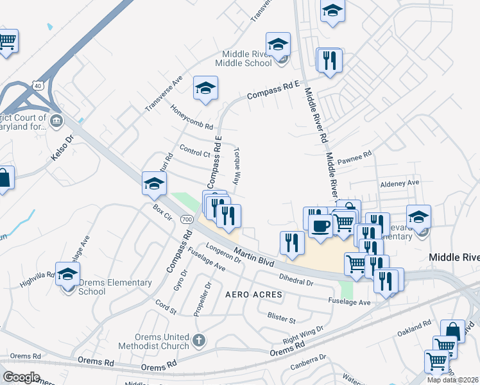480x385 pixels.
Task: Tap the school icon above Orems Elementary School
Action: pyautogui.click(x=67, y=274)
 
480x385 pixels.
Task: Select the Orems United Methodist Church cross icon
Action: pyautogui.click(x=199, y=339)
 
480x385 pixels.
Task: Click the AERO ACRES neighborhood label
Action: pyautogui.click(x=253, y=294)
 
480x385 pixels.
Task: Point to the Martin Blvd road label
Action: pyautogui.click(x=253, y=257)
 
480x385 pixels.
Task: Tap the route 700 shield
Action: pyautogui.click(x=186, y=219)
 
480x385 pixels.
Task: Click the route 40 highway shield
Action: pyautogui.click(x=38, y=85)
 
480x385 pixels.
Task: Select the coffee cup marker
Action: pyautogui.click(x=320, y=225)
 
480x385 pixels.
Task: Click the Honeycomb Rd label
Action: pyautogui.click(x=191, y=117)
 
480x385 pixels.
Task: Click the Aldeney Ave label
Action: pyautogui.click(x=399, y=183)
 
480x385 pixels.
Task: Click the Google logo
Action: pyautogui.click(x=21, y=377)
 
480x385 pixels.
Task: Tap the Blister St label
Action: pyautogui.click(x=281, y=318)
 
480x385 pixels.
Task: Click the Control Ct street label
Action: pyautogui.click(x=195, y=152)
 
